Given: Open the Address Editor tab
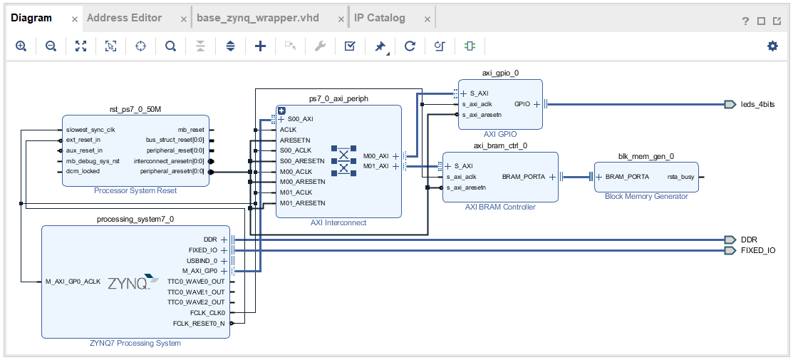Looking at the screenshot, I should tap(124, 18).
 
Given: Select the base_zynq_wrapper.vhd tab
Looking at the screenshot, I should tap(258, 18).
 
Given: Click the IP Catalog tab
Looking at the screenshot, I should tap(380, 18).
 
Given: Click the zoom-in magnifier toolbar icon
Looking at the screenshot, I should tap(21, 46).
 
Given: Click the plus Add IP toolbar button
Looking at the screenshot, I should tap(261, 46).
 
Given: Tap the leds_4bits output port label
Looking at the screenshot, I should tap(757, 104).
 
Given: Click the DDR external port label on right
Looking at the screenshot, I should tap(749, 240).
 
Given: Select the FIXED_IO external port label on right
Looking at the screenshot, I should tap(758, 251).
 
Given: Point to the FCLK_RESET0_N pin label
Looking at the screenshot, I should tap(199, 324).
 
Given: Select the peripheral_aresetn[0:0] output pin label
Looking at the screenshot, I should tap(172, 171).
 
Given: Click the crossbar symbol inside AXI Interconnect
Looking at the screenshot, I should tap(344, 161).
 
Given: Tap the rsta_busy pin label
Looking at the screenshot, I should tap(680, 177).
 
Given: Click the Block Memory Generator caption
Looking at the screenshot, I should tap(646, 196).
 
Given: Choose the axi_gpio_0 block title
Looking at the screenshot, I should tap(500, 73).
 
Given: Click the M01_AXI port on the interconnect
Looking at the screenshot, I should tap(376, 166).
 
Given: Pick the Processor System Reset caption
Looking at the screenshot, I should tap(135, 191).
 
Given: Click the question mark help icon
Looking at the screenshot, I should tap(745, 21).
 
